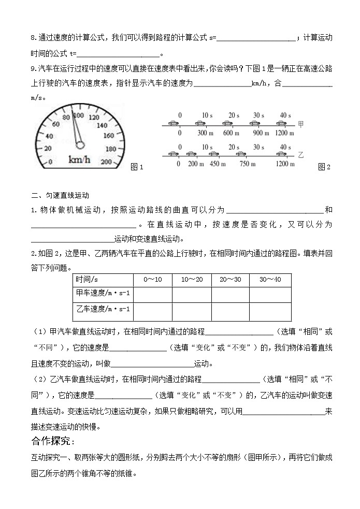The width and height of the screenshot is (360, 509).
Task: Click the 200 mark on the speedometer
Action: coord(106,162)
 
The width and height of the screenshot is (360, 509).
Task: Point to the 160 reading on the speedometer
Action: coord(108,136)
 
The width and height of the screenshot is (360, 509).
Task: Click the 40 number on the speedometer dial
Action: coord(50,136)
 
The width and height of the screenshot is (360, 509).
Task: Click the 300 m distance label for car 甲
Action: coord(206,133)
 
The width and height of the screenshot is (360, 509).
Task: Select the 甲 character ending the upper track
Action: coord(302,124)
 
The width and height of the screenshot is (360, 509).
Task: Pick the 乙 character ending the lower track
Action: coord(302,154)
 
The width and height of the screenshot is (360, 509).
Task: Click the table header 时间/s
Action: coord(88,280)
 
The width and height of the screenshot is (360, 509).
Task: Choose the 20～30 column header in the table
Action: coord(230,280)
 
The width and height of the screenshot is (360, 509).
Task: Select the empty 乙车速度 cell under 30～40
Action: coord(270,312)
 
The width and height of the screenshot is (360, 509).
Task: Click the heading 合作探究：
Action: coord(53,441)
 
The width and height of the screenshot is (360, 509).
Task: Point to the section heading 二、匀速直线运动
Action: coord(60,196)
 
